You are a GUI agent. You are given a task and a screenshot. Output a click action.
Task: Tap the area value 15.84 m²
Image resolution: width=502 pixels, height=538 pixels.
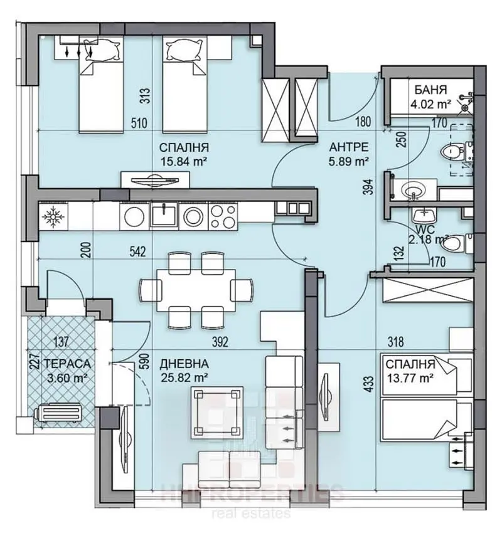pyautogui.click(x=184, y=161)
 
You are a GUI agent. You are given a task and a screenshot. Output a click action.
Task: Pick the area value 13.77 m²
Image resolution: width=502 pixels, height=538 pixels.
pyautogui.click(x=410, y=377)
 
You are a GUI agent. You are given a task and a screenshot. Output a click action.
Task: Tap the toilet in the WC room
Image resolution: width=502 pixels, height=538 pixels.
pyautogui.click(x=463, y=241)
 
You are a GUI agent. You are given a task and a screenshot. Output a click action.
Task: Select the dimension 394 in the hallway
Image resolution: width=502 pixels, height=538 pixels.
pyautogui.click(x=371, y=186)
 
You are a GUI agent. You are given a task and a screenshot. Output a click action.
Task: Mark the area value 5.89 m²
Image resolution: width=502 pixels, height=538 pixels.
pyautogui.click(x=348, y=161)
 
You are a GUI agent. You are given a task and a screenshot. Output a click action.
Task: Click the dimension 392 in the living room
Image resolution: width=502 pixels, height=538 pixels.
pyautogui.click(x=218, y=342)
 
